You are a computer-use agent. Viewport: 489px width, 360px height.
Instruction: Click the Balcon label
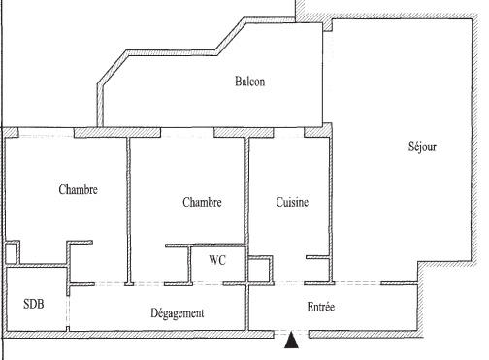tap(249, 82)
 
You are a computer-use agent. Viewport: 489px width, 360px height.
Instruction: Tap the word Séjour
tap(423, 147)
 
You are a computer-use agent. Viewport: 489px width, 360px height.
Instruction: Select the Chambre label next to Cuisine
tap(202, 203)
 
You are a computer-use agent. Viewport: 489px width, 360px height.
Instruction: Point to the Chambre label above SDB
tap(78, 190)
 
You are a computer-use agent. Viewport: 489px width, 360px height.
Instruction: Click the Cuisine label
tap(292, 203)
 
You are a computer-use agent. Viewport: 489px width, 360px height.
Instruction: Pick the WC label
tap(217, 260)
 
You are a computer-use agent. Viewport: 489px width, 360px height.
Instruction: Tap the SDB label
tap(34, 304)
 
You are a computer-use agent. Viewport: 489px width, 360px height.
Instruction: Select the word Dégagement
tap(177, 313)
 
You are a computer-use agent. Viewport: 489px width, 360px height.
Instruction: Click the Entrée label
tap(321, 307)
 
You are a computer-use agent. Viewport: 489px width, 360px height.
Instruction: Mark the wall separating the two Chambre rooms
tap(128, 209)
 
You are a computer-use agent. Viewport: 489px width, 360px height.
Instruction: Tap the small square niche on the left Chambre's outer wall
tap(11, 252)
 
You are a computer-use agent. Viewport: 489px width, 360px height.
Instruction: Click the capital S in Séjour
tap(411, 147)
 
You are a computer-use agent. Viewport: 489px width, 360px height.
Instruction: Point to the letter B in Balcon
tap(238, 82)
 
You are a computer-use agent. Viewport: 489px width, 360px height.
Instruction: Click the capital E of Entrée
tap(310, 307)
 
